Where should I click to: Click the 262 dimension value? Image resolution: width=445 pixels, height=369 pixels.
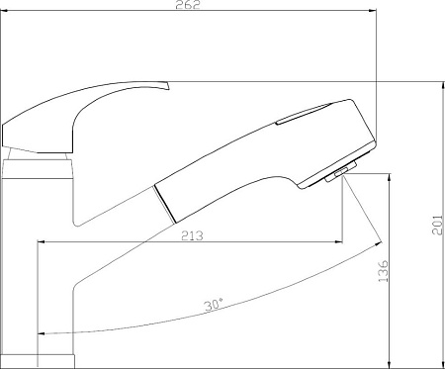[188, 5]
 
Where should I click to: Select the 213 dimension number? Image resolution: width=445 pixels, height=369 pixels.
[192, 235]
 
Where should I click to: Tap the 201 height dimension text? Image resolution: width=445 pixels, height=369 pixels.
[437, 225]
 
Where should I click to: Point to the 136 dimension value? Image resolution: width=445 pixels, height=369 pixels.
[383, 271]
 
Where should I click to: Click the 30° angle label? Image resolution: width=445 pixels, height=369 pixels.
[214, 305]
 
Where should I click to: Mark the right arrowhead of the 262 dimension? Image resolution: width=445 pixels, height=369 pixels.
[373, 11]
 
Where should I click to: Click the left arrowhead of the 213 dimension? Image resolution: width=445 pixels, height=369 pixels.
[42, 242]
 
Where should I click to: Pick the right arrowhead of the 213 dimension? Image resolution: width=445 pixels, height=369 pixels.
[338, 242]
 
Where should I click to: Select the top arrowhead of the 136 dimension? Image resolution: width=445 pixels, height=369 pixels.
[390, 177]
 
